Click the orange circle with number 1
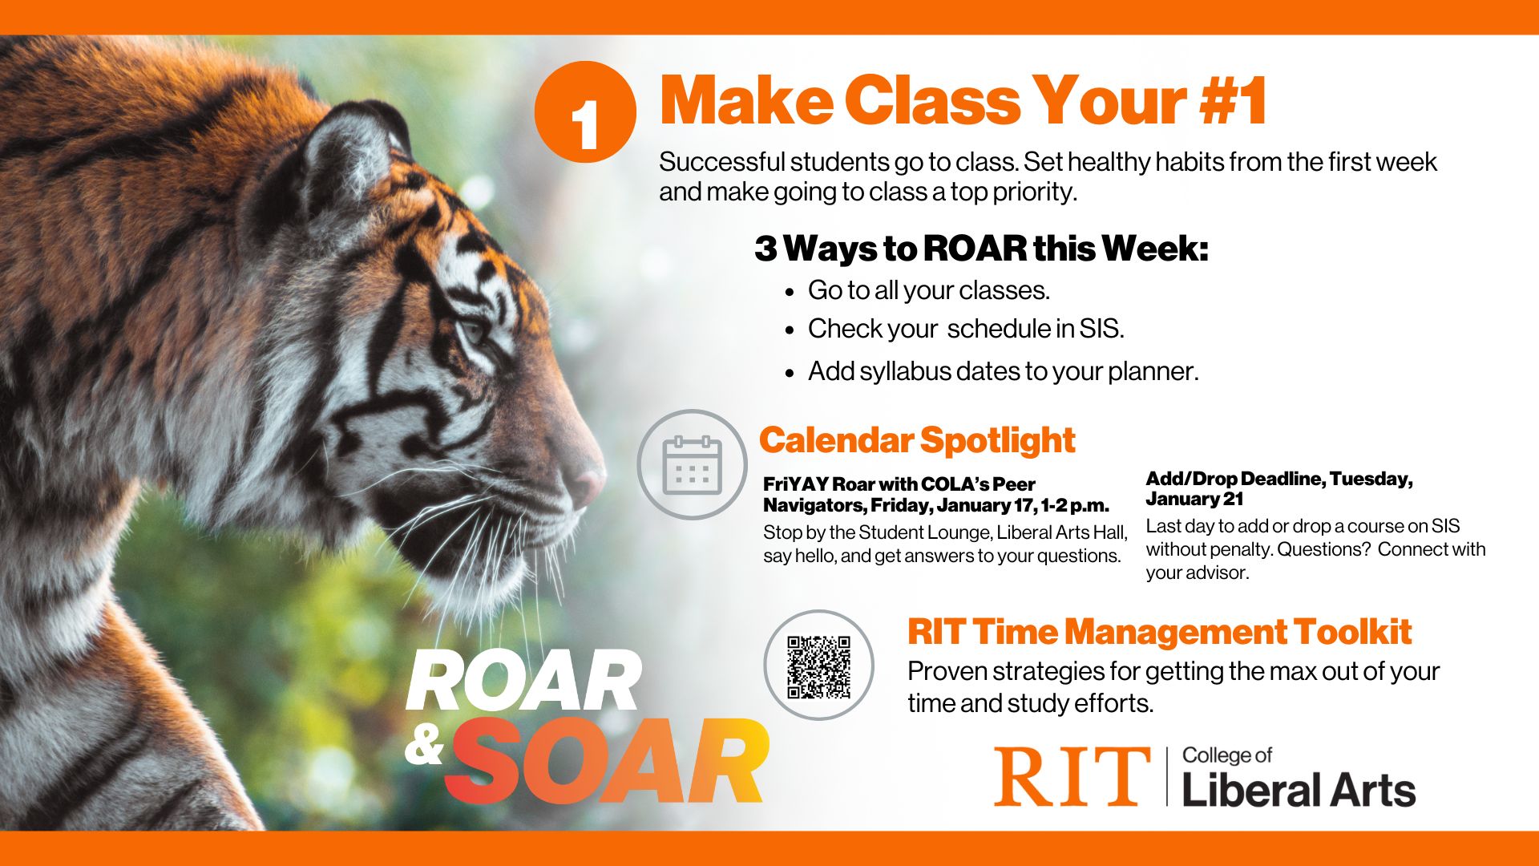click(585, 112)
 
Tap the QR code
click(818, 666)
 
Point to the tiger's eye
click(473, 330)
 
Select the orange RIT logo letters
click(1072, 776)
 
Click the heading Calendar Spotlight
click(917, 440)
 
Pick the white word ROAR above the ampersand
click(523, 682)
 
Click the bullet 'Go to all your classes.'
click(928, 290)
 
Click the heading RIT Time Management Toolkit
click(1159, 632)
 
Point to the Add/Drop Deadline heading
click(1279, 488)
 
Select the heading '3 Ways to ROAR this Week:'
click(981, 249)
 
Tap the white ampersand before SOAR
click(424, 747)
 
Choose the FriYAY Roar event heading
click(936, 495)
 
